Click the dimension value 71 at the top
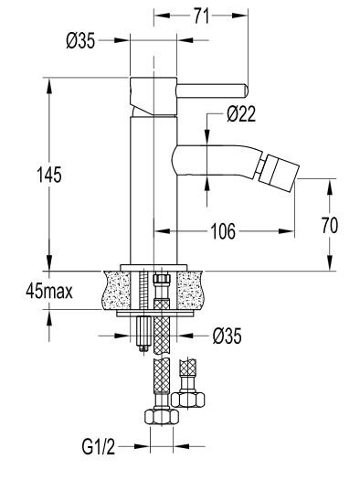click(x=201, y=15)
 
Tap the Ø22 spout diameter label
click(x=241, y=114)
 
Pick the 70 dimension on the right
click(x=330, y=225)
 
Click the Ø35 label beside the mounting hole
click(x=228, y=336)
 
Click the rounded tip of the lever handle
click(x=243, y=90)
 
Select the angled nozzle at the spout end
click(x=278, y=171)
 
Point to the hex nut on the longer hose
click(x=162, y=417)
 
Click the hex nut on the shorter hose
click(x=192, y=399)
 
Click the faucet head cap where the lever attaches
click(x=152, y=91)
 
